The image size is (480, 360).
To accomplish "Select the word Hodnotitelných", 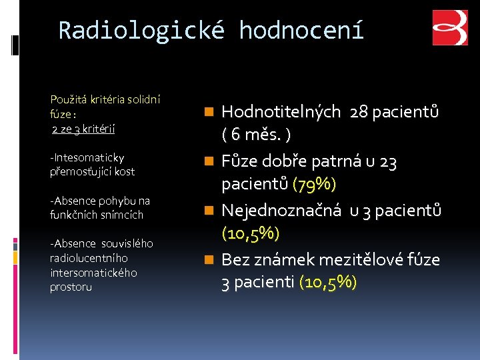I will [281, 112].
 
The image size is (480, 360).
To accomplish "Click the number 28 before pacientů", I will [359, 112].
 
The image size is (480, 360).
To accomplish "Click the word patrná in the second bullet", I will [356, 161].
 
